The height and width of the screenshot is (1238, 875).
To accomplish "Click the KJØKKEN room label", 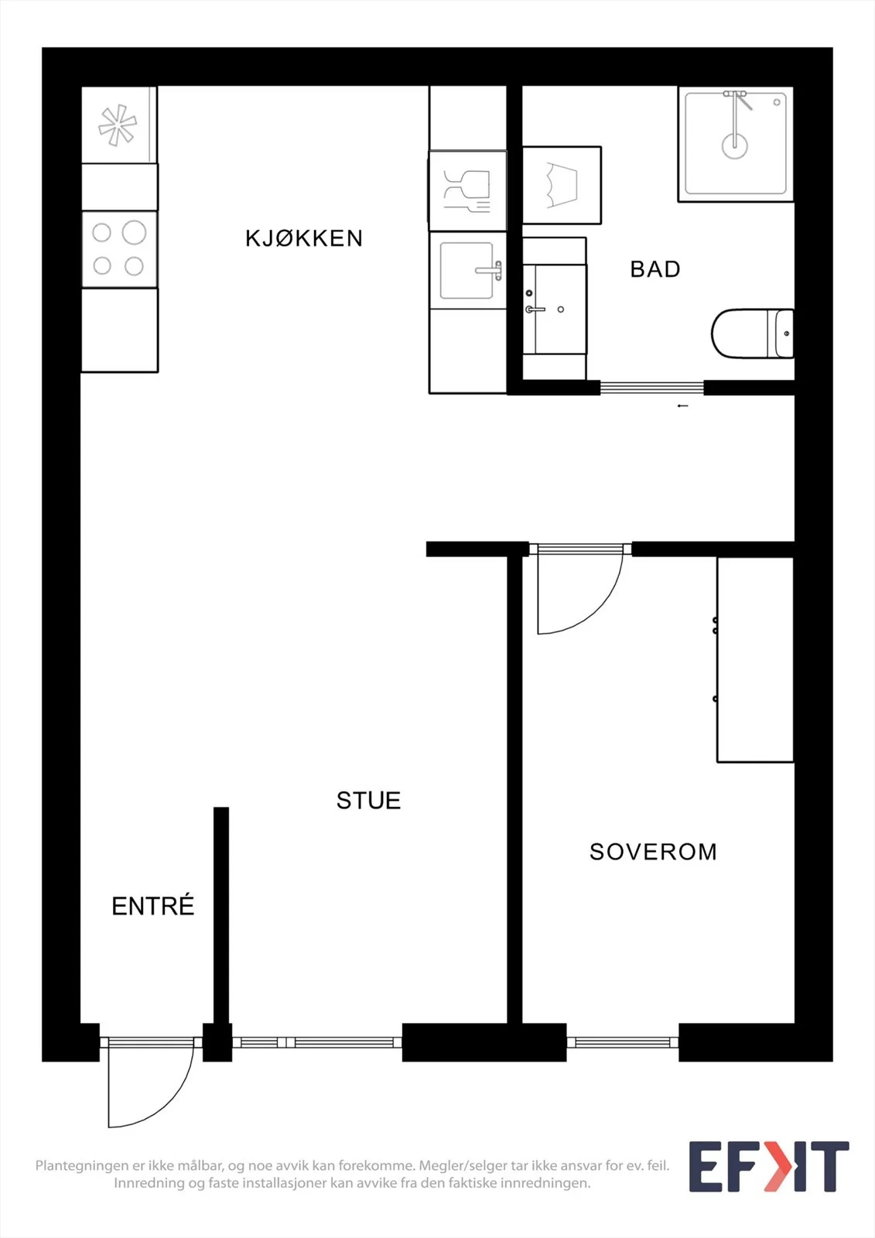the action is tap(304, 238).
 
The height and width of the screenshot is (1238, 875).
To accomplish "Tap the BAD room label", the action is tap(655, 269).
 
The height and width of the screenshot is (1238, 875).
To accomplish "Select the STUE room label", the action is tap(369, 801).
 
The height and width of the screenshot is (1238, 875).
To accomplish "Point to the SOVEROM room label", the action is tap(653, 852).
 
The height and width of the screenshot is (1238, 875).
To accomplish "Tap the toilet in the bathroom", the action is tap(752, 333).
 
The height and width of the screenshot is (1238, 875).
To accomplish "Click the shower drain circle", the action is tap(735, 146).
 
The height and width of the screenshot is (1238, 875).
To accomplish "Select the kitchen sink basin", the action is tap(467, 271).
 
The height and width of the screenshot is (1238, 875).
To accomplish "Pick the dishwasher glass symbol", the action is tap(467, 190).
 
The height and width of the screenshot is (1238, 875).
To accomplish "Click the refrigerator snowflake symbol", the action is tap(117, 125).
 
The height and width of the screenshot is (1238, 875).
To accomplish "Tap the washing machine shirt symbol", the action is tap(562, 185).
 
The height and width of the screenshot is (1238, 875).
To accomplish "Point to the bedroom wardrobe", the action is tap(755, 660).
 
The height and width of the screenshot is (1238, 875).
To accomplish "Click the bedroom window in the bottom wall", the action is tap(623, 1042).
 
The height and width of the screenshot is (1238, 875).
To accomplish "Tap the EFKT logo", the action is tap(769, 1166).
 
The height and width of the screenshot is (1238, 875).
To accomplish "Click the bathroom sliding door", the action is tap(651, 388).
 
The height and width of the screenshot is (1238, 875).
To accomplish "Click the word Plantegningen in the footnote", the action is tap(82, 1165).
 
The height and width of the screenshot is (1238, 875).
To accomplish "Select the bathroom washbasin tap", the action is tap(535, 309).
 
